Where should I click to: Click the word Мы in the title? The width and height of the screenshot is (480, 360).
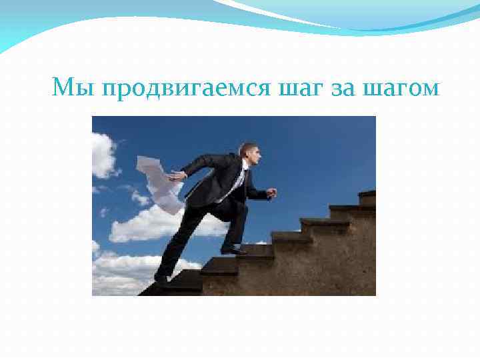69,87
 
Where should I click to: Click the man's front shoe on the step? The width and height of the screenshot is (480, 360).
233,250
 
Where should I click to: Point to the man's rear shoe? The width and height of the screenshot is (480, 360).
162,278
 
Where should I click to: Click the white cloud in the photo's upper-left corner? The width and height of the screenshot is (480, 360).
103,155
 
